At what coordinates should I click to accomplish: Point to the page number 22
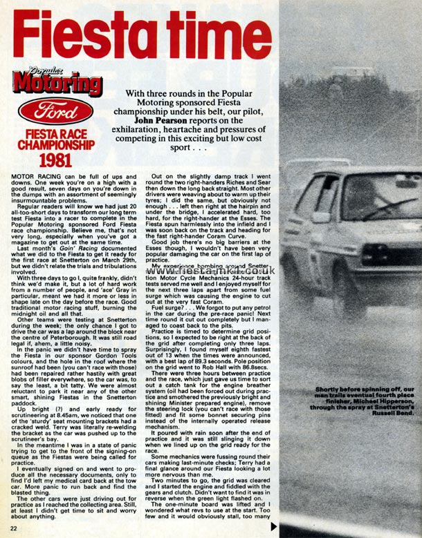[18, 528]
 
